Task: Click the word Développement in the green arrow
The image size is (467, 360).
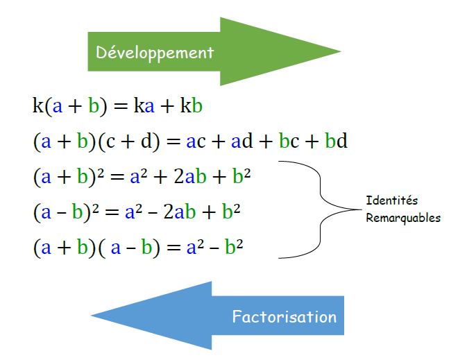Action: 155,52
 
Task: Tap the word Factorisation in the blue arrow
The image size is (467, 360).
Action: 284,317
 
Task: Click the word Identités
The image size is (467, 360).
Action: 392,200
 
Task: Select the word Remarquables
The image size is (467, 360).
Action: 403,217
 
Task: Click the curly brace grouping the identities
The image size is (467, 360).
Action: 321,209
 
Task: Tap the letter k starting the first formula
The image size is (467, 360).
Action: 37,106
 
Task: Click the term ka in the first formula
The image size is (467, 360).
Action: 147,106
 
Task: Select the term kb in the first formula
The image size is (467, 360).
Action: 191,106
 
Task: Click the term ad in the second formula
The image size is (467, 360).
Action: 242,142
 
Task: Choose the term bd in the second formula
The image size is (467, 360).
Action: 336,142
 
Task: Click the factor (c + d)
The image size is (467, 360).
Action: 128,142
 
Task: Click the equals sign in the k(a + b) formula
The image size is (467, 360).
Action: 121,107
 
